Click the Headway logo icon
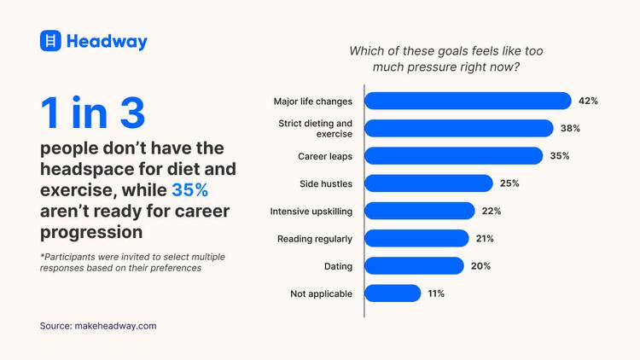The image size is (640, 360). (x=51, y=41)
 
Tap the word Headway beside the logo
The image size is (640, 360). (x=107, y=42)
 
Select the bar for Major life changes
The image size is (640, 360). (x=468, y=101)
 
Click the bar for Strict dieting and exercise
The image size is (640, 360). (x=458, y=128)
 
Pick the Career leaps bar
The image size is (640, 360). (x=453, y=156)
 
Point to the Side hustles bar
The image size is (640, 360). (x=428, y=183)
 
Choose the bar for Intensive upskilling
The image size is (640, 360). (x=419, y=211)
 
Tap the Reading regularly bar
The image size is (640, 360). (x=416, y=238)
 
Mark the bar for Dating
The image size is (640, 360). (x=414, y=265)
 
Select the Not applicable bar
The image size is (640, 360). (x=393, y=293)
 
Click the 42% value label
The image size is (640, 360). (x=588, y=101)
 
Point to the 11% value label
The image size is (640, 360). (x=435, y=293)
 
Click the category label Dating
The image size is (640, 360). (x=338, y=266)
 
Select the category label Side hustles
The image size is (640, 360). (x=326, y=183)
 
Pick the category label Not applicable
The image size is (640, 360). (x=322, y=293)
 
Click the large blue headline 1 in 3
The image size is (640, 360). (x=93, y=113)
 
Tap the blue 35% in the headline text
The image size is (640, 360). (x=189, y=189)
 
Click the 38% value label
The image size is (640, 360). (x=570, y=128)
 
